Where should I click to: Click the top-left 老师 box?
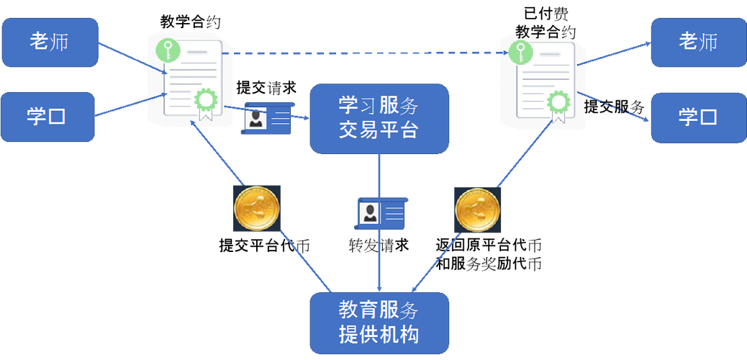coord(49,42)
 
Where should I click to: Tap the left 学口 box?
coord(47,116)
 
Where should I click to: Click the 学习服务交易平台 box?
coord(379,118)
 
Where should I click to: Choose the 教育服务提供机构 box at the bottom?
coord(379,323)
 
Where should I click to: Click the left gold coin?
coord(257,208)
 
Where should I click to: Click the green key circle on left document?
coord(167,50)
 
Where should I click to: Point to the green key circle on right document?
coord(520,51)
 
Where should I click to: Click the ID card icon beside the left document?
coord(267,117)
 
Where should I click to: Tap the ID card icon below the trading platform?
coord(381,213)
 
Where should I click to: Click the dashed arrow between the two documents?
coord(367,53)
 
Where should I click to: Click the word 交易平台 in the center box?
coord(379,131)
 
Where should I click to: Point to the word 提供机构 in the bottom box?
coord(379,335)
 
